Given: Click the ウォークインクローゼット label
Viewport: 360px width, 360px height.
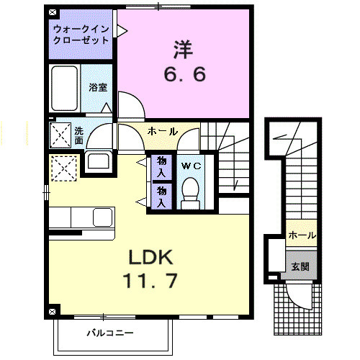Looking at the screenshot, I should (x=81, y=35).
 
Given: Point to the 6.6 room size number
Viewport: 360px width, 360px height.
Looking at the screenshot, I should (x=184, y=73).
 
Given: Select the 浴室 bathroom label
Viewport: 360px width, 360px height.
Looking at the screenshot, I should (x=98, y=87).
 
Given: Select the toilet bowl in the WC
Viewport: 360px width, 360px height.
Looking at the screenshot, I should (x=190, y=192).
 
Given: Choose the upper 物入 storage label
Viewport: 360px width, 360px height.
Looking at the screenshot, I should (x=162, y=168).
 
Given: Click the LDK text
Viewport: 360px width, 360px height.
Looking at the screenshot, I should (x=151, y=257).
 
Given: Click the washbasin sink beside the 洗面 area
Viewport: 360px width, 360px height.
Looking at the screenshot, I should (x=96, y=161).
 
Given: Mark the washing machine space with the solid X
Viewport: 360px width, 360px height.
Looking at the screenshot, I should (x=60, y=134).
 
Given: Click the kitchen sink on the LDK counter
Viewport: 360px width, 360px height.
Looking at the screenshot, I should (x=102, y=216).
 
